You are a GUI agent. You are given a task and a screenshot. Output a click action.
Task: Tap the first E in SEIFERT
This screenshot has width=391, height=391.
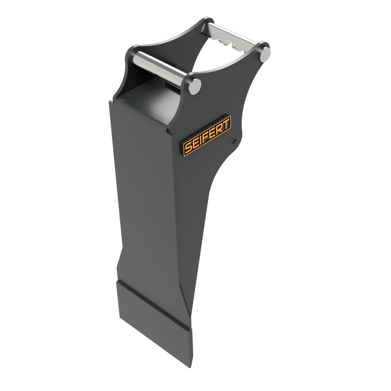click(x=195, y=144)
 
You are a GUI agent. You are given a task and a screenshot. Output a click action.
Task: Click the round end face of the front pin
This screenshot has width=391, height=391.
click(x=195, y=87)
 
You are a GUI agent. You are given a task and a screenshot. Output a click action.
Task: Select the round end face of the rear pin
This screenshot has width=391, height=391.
click(x=265, y=53)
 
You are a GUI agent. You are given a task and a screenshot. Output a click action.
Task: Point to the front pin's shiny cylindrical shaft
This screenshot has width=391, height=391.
click(x=159, y=69)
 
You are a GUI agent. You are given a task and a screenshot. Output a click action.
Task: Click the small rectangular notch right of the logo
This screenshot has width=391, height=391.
click(x=235, y=140)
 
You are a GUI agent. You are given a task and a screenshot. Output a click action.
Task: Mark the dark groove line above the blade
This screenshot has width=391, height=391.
click(x=152, y=304)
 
